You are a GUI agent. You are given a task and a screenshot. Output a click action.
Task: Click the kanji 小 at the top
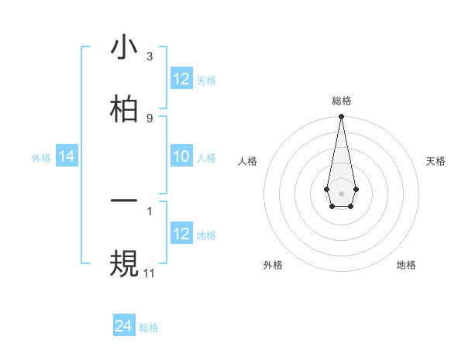124,48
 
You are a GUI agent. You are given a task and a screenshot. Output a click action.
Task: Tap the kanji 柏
124,108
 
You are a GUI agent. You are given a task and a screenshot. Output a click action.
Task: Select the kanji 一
124,201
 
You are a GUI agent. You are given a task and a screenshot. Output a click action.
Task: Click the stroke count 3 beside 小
149,57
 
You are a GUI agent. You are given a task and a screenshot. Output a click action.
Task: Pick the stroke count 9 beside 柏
149,118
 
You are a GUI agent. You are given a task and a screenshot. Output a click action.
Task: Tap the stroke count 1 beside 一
149,210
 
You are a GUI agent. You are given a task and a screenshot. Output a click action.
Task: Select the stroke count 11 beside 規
150,273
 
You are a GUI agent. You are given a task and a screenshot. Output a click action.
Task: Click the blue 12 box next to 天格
181,79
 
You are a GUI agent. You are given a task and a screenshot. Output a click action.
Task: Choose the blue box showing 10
181,156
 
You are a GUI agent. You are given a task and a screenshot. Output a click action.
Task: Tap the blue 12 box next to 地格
181,235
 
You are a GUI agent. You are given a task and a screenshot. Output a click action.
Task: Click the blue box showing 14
67,157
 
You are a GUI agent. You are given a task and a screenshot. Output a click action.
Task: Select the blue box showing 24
124,327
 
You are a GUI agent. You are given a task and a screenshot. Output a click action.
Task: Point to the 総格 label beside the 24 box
149,328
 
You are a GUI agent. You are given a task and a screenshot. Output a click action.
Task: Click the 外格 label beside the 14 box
41,158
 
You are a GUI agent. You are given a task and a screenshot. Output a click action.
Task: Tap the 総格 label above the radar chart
341,101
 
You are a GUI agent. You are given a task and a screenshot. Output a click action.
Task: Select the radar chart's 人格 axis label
248,161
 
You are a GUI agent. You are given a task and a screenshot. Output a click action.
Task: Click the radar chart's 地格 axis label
406,265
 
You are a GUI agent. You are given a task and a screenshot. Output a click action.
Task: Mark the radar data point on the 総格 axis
341,116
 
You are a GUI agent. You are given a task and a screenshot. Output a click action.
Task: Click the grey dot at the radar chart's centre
341,192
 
